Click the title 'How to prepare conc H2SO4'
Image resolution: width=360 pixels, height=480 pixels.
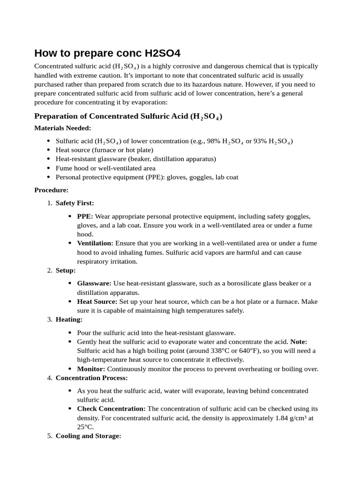[107, 53]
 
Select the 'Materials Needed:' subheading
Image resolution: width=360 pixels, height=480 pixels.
[63, 128]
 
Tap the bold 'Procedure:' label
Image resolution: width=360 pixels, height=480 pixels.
[52, 190]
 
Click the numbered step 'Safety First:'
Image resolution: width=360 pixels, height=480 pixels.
[75, 203]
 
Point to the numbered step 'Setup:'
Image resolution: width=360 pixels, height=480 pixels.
[65, 270]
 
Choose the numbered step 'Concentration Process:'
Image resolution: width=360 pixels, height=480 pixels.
[91, 378]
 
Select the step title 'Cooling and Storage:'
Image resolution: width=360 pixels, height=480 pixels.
[88, 436]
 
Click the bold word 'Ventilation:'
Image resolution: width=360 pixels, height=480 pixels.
[95, 243]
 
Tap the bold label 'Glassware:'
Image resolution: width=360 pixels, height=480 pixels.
[94, 283]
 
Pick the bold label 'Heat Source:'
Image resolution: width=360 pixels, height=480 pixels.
[97, 301]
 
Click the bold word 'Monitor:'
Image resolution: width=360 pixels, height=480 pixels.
[91, 369]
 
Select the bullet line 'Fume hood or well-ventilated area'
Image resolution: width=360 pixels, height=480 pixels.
[105, 168]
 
